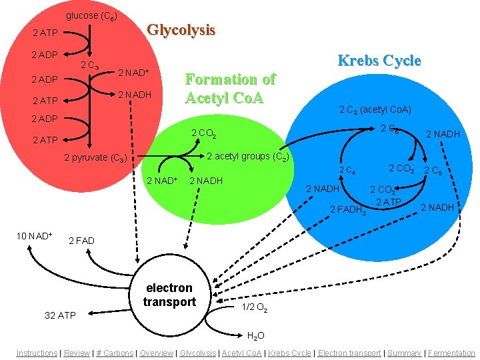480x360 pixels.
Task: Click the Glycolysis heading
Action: pos(181,31)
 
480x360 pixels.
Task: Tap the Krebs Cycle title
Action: pos(379,60)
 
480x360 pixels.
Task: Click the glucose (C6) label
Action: pos(91,16)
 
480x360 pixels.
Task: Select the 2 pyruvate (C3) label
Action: pos(95,158)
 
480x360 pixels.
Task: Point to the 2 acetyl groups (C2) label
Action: pos(248,157)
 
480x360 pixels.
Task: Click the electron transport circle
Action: pos(170,295)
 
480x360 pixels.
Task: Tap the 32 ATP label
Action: pos(60,315)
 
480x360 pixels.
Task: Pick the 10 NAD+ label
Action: pos(34,236)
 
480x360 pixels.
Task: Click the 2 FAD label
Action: pos(81,241)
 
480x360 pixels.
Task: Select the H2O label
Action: pos(255,336)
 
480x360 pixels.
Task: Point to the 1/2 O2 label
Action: pos(255,307)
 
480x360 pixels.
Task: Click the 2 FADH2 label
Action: pos(348,210)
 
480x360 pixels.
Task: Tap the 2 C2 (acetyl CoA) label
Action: pos(375,110)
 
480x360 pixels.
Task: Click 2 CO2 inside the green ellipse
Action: pos(204,133)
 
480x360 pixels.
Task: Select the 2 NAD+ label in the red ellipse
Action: pos(133,73)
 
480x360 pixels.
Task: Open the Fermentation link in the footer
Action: pos(451,353)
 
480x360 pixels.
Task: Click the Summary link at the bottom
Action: pos(404,353)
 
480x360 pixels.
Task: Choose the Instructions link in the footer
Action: pos(37,353)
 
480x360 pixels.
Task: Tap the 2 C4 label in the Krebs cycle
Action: pos(347,170)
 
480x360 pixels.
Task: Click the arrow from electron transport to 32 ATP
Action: pos(109,311)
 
